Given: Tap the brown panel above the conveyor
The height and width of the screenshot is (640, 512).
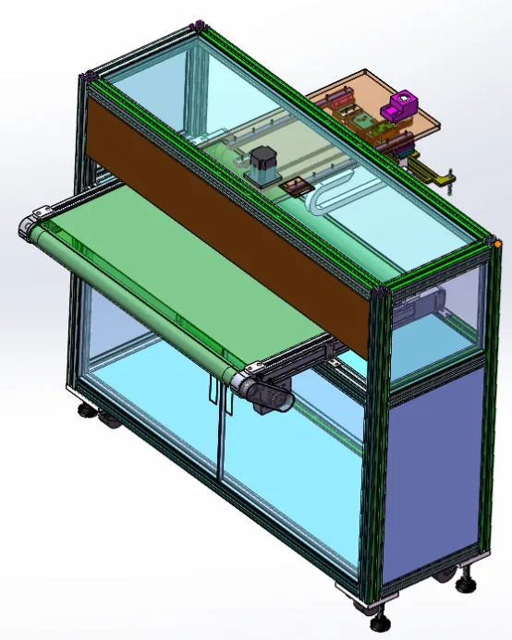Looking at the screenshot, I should (231, 222).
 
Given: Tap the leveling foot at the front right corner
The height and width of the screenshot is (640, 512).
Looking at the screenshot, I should (376, 608).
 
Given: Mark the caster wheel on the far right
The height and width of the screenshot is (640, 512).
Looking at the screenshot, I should (466, 580).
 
